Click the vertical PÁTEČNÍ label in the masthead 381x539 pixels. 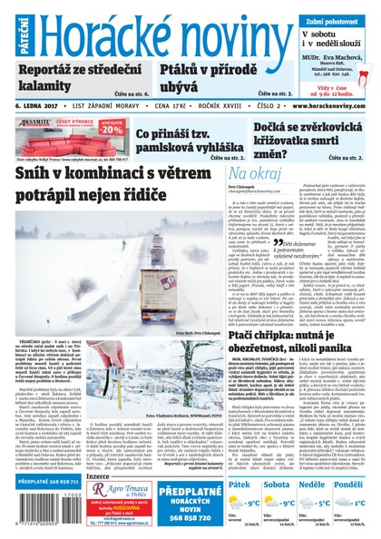8,32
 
